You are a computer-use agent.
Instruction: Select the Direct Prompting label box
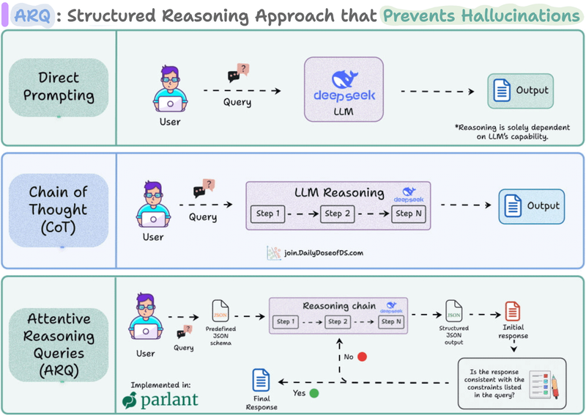tap(59, 87)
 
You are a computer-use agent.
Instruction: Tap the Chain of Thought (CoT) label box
tap(59, 210)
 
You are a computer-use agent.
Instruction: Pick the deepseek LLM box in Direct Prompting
tap(344, 89)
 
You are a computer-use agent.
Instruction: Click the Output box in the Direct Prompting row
tap(521, 92)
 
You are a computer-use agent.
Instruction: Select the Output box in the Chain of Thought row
tap(531, 206)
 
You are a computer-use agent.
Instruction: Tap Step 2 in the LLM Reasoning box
tap(338, 214)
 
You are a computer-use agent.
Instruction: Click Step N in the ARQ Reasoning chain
tap(389, 321)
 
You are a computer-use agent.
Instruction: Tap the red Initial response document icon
tap(513, 311)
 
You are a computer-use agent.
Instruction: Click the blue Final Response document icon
tap(262, 380)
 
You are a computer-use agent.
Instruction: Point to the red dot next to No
tap(361, 357)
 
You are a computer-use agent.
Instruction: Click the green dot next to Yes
tap(314, 393)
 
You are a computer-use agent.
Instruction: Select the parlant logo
tap(160, 401)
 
